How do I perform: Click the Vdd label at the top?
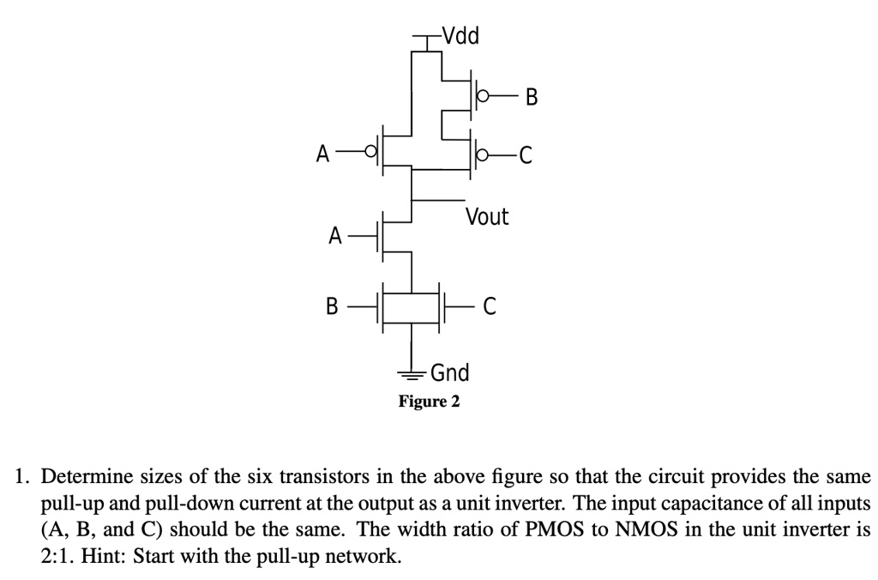[x=461, y=36]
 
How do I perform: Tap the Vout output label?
[x=486, y=217]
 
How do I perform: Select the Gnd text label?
[x=449, y=373]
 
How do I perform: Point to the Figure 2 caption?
[x=430, y=401]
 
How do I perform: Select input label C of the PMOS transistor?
[x=526, y=155]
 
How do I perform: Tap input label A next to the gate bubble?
[x=322, y=154]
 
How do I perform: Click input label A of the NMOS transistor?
[x=336, y=235]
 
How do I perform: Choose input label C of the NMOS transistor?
[x=489, y=305]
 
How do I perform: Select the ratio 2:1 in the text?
[x=56, y=555]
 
